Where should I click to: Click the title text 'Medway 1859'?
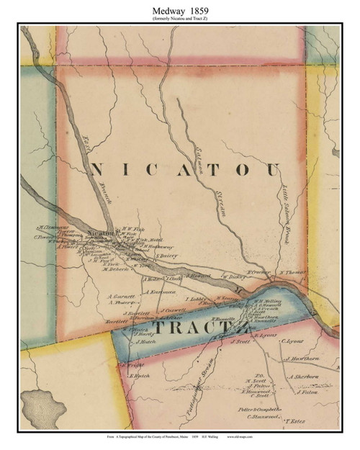tap(180, 8)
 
